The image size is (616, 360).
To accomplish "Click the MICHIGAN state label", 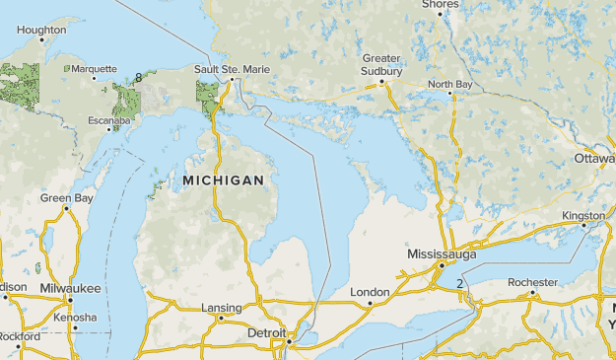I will coord(223,180).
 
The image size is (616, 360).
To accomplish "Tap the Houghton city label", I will coord(41,31).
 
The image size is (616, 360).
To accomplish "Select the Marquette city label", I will coord(95,69).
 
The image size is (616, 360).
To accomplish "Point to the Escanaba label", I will coord(108,120).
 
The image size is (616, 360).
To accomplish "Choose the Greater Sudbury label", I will coord(381,64).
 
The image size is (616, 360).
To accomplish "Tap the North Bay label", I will coord(449,85).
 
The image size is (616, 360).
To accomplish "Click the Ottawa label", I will coord(594,158).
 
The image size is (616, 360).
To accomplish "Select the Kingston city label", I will coord(583,215).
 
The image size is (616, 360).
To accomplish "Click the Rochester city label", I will coord(532,282).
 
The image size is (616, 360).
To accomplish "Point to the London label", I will coord(370,292).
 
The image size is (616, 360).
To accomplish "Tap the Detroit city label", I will coord(266,334).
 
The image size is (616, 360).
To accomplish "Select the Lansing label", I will coord(221,308).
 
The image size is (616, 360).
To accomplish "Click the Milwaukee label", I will coord(70,288).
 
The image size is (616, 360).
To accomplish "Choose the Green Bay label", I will coord(66,198).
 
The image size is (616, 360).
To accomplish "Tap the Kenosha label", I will coord(76,318).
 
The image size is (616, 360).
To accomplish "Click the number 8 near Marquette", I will coord(139,77).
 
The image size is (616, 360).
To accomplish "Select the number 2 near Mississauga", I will coord(459,284).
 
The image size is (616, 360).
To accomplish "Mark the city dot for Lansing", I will coord(221,319).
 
